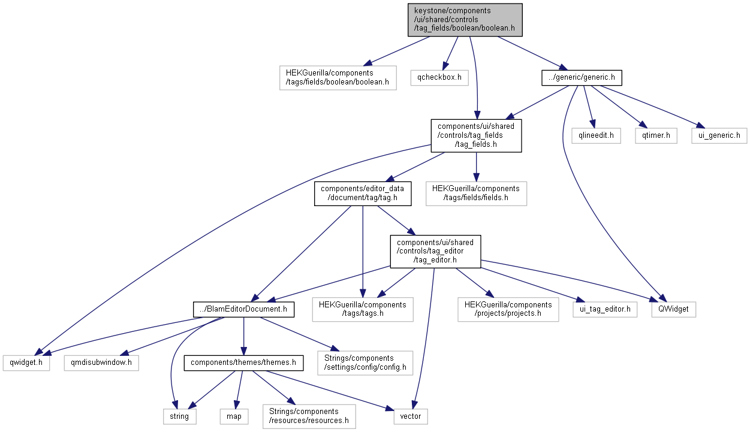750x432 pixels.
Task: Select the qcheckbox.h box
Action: pyautogui.click(x=439, y=77)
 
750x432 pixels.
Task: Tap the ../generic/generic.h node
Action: pyautogui.click(x=581, y=77)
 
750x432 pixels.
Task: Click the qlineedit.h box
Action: pyautogui.click(x=595, y=136)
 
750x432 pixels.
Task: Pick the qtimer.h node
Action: pyautogui.click(x=656, y=136)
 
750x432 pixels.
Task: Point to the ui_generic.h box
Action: pyautogui.click(x=719, y=136)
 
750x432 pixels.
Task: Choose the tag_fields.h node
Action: pyautogui.click(x=476, y=135)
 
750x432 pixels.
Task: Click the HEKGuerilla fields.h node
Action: pyautogui.click(x=476, y=194)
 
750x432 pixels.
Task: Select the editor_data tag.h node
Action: pyautogui.click(x=363, y=194)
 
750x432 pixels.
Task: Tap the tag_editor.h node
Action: pyautogui.click(x=435, y=251)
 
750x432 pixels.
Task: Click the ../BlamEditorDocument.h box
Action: pyautogui.click(x=243, y=310)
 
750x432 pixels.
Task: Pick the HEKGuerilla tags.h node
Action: pyautogui.click(x=363, y=310)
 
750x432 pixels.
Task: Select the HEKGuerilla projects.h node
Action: pyautogui.click(x=508, y=310)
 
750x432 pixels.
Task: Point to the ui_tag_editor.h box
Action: pyautogui.click(x=604, y=310)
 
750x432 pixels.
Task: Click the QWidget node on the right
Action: pyautogui.click(x=674, y=310)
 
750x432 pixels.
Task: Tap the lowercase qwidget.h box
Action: pyautogui.click(x=26, y=363)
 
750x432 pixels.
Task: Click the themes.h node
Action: pyautogui.click(x=243, y=363)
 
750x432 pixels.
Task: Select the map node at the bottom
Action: pyautogui.click(x=234, y=416)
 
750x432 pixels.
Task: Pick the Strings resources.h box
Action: pyautogui.click(x=309, y=416)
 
